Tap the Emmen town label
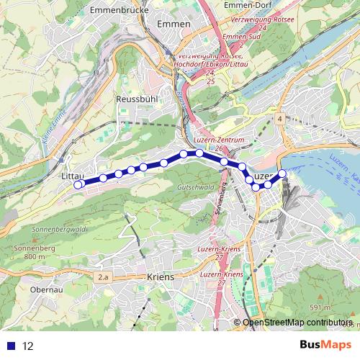(x=173, y=24)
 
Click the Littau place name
(x=73, y=176)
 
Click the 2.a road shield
(x=106, y=276)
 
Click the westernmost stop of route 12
(x=78, y=184)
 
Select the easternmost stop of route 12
(x=282, y=173)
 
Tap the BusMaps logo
(x=325, y=346)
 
